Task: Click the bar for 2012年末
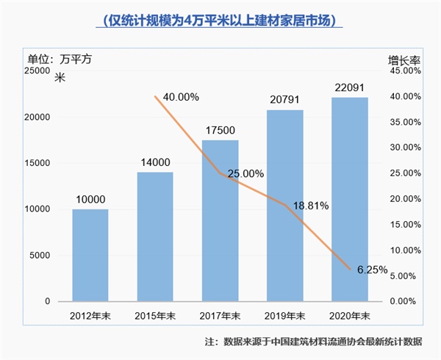(90, 255)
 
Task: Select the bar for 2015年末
(154, 237)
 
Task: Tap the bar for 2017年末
(220, 220)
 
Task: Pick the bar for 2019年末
(284, 206)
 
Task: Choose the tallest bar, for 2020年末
(350, 199)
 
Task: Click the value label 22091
(350, 88)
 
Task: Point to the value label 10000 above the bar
(90, 198)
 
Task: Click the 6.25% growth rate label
(371, 270)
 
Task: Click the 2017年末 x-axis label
(220, 316)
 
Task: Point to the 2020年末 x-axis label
(350, 316)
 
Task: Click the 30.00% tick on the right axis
(404, 148)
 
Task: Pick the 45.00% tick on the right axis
(404, 71)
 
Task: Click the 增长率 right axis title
(403, 57)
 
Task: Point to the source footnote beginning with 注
(318, 342)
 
